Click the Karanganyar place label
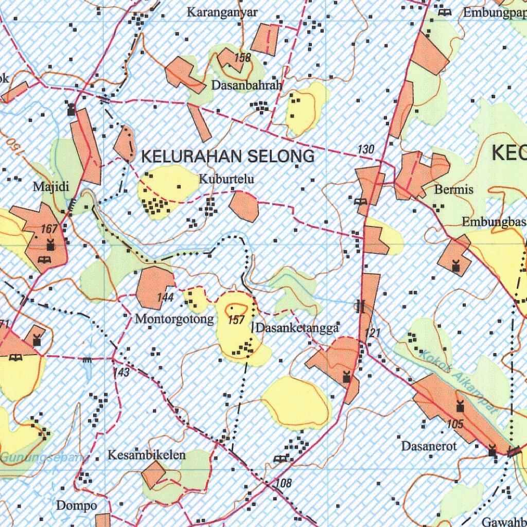pyautogui.click(x=222, y=12)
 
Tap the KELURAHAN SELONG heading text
pyautogui.click(x=227, y=156)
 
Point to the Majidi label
pyautogui.click(x=51, y=186)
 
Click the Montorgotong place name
pyautogui.click(x=174, y=319)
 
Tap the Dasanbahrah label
pyautogui.click(x=247, y=85)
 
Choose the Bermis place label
pyautogui.click(x=453, y=189)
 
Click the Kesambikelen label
pyautogui.click(x=146, y=455)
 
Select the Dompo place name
pyautogui.click(x=76, y=505)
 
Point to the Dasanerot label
pyautogui.click(x=429, y=446)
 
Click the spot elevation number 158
pyautogui.click(x=242, y=58)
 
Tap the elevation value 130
pyautogui.click(x=366, y=149)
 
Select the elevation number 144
pyautogui.click(x=165, y=297)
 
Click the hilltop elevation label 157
pyautogui.click(x=236, y=320)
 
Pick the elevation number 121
pyautogui.click(x=373, y=333)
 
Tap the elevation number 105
pyautogui.click(x=455, y=424)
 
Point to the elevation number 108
pyautogui.click(x=284, y=483)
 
